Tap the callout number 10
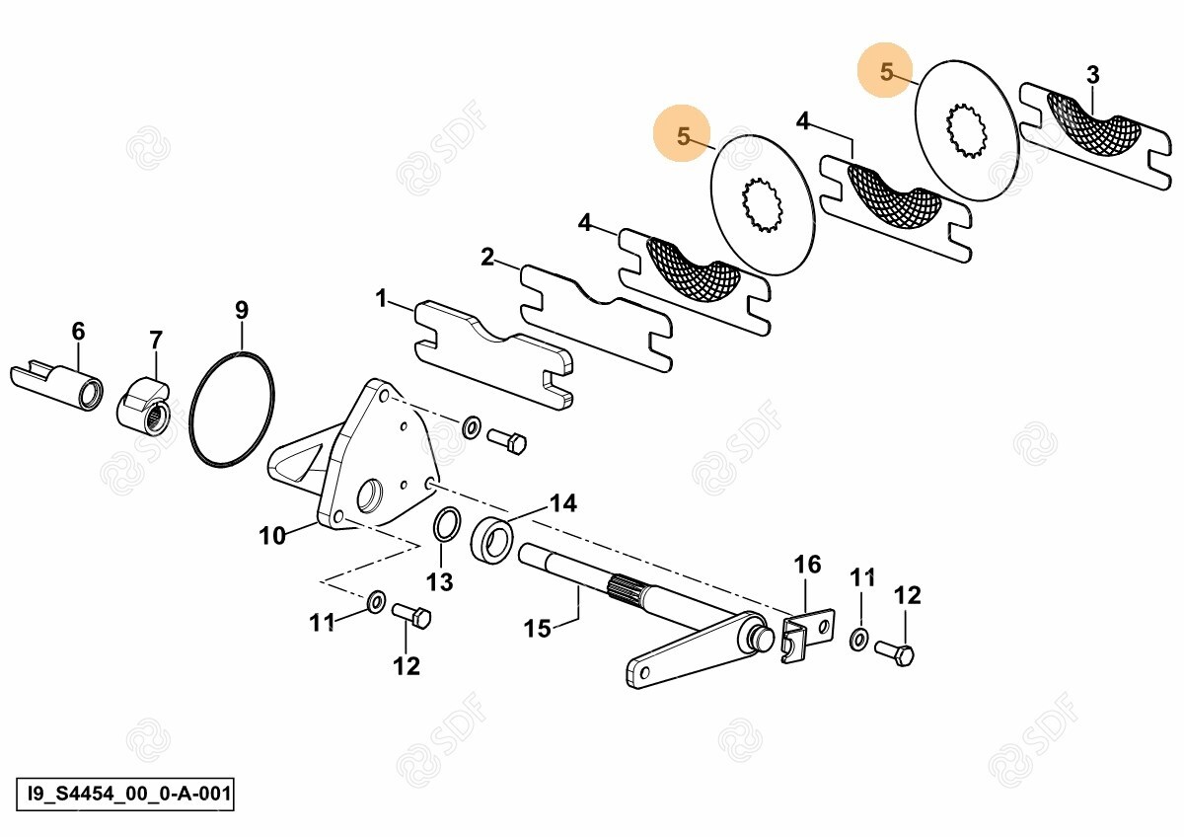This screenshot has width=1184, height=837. point(272,536)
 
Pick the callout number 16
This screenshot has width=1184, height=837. point(807,565)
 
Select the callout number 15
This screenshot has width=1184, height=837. point(537,629)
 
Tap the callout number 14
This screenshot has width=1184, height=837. point(563,502)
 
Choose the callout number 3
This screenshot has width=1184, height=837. point(1092,75)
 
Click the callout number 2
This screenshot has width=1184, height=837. point(486,257)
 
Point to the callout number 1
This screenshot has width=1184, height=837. point(382,299)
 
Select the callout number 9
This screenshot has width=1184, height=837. point(242,310)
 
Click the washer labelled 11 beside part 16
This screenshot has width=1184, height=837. point(858,640)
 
